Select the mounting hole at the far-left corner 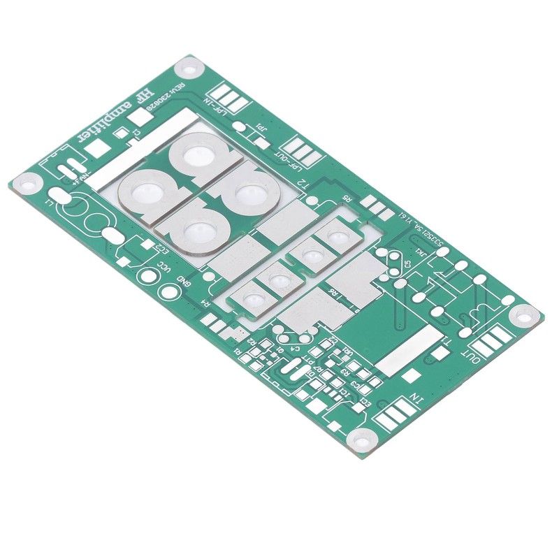click(27, 184)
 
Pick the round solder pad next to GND click(168, 290)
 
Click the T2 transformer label click(303, 184)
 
